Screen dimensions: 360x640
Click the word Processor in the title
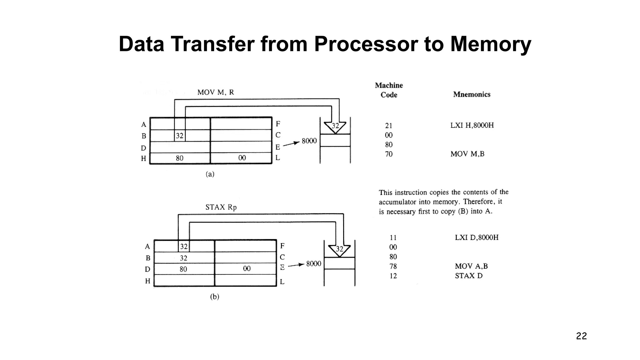(x=366, y=44)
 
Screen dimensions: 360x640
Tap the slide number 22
(x=581, y=336)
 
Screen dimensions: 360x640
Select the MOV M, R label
(x=216, y=92)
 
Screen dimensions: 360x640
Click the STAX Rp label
(x=221, y=207)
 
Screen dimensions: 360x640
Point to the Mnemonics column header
(x=472, y=94)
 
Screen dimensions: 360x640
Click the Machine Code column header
(x=389, y=90)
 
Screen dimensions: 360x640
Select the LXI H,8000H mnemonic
(x=472, y=125)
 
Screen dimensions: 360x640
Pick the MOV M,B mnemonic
(x=467, y=154)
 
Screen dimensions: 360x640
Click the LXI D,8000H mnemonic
(x=477, y=237)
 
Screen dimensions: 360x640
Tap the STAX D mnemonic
(x=468, y=276)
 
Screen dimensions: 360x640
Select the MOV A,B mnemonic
(x=471, y=266)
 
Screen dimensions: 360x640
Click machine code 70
(x=389, y=154)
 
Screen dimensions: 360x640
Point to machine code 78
(x=393, y=266)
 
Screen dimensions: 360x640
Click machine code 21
(x=389, y=126)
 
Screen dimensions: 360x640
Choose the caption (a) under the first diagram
(x=210, y=174)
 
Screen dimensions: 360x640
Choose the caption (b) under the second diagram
(x=214, y=297)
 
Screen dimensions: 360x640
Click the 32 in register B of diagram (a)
(x=179, y=136)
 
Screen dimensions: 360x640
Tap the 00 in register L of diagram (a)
(x=242, y=158)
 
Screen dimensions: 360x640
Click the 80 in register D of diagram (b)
(x=183, y=269)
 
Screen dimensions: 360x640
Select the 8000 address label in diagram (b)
(x=313, y=264)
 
